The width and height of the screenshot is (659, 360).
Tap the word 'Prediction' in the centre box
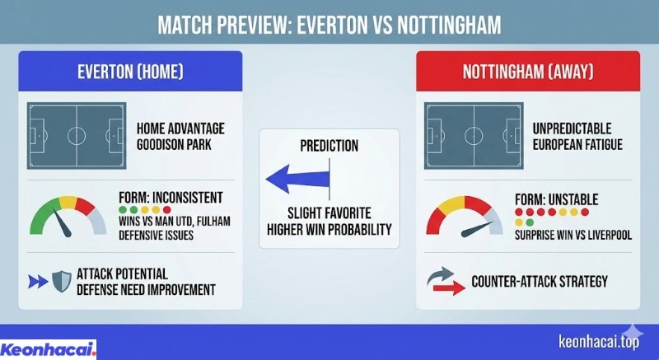click(x=329, y=146)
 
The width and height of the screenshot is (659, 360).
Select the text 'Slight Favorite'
click(x=329, y=210)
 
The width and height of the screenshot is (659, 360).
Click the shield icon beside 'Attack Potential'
click(x=61, y=281)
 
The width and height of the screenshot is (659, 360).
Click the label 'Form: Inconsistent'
click(x=171, y=197)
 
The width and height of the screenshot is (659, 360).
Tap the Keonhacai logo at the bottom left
click(x=49, y=348)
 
